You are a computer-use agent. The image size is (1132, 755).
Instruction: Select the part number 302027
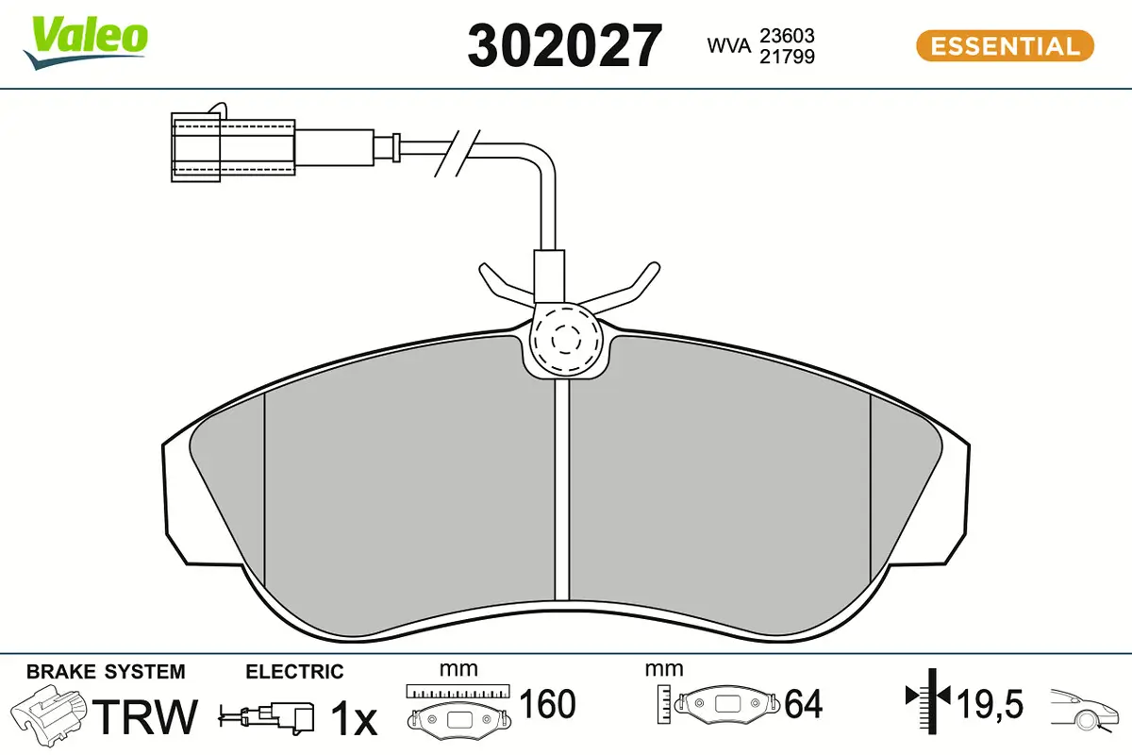pyautogui.click(x=565, y=45)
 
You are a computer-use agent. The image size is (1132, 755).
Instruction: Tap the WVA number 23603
pyautogui.click(x=788, y=35)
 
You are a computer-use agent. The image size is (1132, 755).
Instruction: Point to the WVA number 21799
pyautogui.click(x=788, y=56)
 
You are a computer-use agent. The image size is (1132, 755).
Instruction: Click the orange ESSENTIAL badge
pyautogui.click(x=1005, y=45)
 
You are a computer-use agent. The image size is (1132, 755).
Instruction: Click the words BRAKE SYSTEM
pyautogui.click(x=106, y=672)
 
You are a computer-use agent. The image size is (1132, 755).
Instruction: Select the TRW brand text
pyautogui.click(x=147, y=717)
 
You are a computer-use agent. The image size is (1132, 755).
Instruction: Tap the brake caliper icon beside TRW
pyautogui.click(x=49, y=716)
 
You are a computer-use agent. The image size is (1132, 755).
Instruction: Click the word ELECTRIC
pyautogui.click(x=294, y=672)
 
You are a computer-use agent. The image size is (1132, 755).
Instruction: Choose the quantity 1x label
pyautogui.click(x=353, y=719)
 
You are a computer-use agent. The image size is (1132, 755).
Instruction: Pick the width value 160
pyautogui.click(x=547, y=704)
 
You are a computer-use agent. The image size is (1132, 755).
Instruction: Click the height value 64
pyautogui.click(x=803, y=704)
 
